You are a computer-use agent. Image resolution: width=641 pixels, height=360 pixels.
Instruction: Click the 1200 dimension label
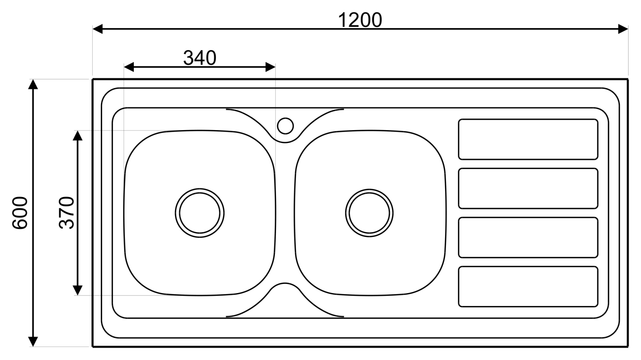tap(360, 20)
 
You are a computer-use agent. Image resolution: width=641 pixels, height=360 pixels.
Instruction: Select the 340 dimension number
tap(200, 58)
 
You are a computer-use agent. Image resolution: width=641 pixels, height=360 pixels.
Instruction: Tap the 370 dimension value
tap(67, 213)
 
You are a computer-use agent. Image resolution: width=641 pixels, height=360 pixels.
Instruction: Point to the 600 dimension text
tap(20, 213)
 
